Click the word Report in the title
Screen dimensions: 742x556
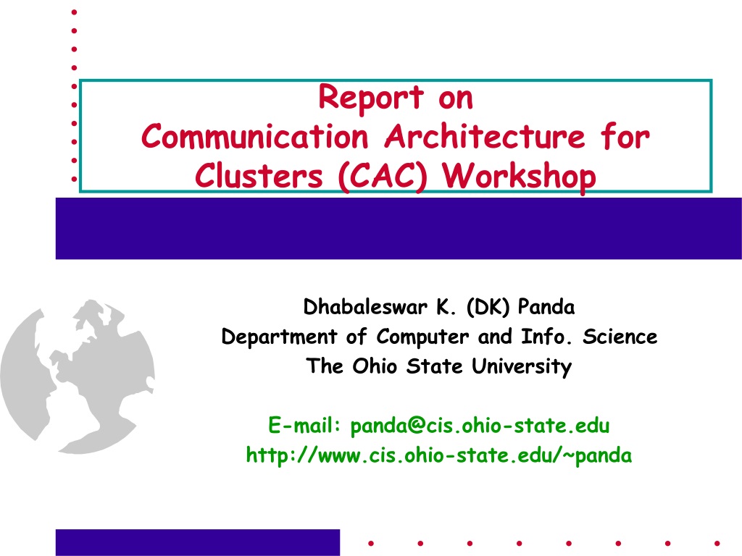click(371, 98)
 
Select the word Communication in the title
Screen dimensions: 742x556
click(254, 137)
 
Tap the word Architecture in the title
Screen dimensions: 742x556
click(485, 137)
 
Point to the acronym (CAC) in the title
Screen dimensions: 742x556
click(383, 177)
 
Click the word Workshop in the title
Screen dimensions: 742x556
click(519, 177)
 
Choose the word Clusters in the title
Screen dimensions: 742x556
click(259, 176)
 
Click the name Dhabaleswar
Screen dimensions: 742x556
click(365, 307)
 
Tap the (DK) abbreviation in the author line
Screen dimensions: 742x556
click(488, 307)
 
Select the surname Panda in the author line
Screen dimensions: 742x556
click(546, 307)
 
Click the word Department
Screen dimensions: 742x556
click(279, 337)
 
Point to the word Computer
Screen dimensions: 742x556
click(422, 337)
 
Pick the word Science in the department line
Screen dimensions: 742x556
click(620, 337)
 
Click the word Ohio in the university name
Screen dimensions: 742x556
click(375, 366)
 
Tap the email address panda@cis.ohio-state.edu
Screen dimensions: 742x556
click(480, 426)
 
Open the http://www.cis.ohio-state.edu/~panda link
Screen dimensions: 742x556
click(438, 455)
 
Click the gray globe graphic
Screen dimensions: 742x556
click(78, 376)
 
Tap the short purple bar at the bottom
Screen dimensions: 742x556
click(198, 542)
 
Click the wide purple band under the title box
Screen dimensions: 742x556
click(399, 228)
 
